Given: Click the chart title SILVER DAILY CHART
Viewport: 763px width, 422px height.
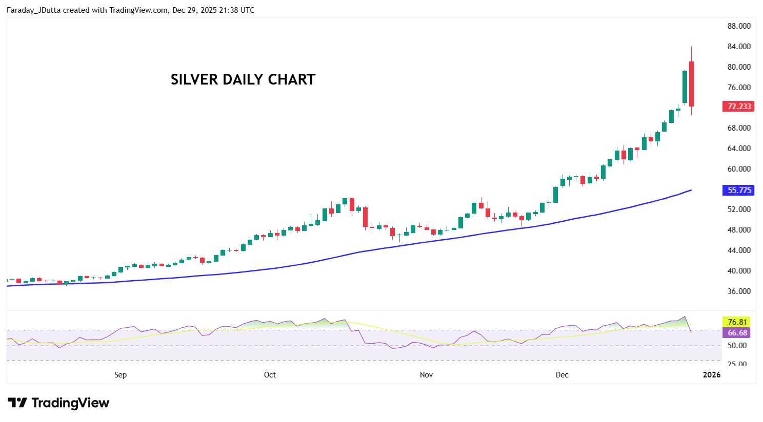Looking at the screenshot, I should point(243,80).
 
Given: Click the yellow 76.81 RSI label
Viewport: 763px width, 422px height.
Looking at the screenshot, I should point(737,322).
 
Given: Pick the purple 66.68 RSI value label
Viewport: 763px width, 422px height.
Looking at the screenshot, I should point(737,333).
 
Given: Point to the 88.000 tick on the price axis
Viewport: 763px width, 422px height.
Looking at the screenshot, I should point(739,26).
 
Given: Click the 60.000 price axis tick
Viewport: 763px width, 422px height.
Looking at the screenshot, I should point(739,169).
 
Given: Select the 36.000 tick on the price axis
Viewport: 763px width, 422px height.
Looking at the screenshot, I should point(739,291).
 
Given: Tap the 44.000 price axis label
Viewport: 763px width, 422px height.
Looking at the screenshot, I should point(739,250).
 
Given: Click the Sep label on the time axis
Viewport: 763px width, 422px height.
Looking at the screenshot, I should point(121,375).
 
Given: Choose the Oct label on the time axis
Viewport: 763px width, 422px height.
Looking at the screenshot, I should point(270,375).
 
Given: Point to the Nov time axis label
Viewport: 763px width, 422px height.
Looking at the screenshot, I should point(426,375).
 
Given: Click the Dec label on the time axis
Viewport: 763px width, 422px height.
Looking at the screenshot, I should point(562,375).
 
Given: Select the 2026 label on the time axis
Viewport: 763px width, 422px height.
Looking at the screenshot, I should point(712,375).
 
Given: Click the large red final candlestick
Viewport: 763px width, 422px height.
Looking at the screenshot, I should point(691,84).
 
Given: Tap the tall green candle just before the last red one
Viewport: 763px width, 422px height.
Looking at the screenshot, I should point(685,87).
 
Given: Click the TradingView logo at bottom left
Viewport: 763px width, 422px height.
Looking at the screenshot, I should point(58,403).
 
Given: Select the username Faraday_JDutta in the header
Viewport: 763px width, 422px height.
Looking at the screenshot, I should point(34,10).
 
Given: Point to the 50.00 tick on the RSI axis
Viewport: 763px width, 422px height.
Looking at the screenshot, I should point(737,346).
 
